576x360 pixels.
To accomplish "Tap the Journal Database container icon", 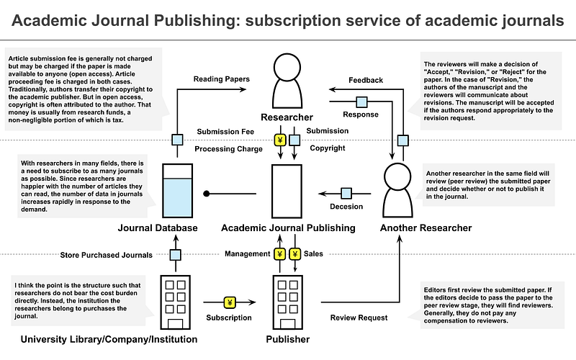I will click(178, 190).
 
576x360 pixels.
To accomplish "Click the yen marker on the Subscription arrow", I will click(230, 302).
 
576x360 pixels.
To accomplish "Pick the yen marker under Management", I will click(280, 254).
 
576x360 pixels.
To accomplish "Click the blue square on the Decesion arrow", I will click(346, 193).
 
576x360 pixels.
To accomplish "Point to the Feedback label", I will click(365, 80).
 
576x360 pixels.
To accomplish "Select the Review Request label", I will click(359, 318).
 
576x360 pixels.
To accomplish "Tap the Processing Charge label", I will click(230, 148).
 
